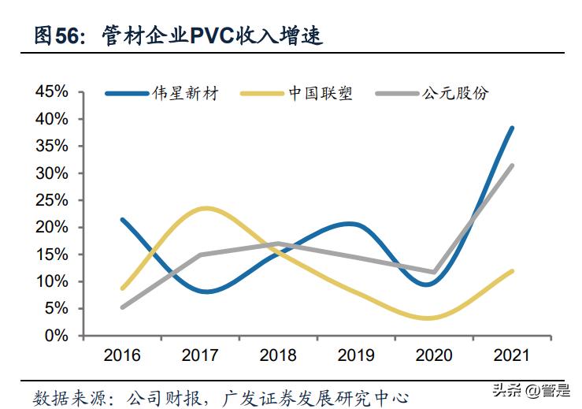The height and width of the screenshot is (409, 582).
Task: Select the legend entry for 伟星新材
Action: click(x=185, y=93)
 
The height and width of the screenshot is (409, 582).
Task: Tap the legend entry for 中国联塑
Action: click(x=320, y=93)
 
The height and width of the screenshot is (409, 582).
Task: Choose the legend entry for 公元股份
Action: click(x=454, y=93)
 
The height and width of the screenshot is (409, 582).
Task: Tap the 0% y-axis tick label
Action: click(x=57, y=336)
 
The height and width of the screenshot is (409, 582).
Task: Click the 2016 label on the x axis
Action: click(x=122, y=355)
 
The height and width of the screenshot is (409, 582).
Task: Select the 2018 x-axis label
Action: click(x=278, y=355)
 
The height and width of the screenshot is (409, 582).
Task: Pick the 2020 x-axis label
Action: click(x=434, y=355)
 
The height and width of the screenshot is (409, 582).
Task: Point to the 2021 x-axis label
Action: click(x=512, y=355)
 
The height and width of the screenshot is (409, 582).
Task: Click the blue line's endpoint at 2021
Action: click(x=512, y=128)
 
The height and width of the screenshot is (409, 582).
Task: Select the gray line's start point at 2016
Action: click(x=123, y=307)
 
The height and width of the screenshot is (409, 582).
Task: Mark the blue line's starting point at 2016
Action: click(x=123, y=219)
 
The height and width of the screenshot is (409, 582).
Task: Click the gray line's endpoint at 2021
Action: click(x=512, y=165)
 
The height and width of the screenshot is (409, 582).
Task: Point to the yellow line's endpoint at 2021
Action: click(x=512, y=271)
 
